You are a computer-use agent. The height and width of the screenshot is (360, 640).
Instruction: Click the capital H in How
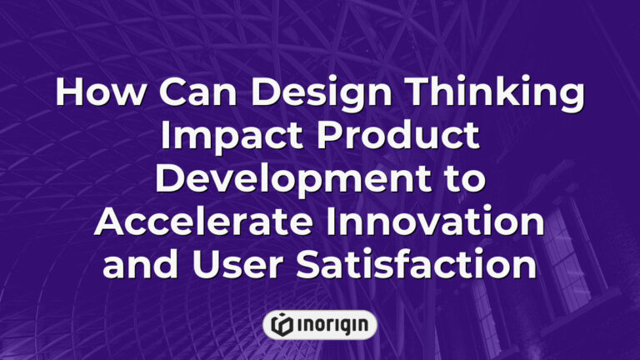(69, 93)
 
